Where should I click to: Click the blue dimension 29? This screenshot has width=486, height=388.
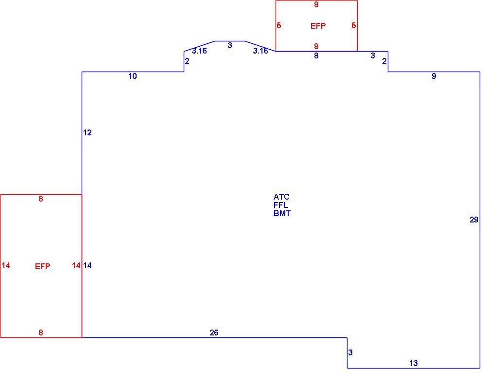(x=474, y=220)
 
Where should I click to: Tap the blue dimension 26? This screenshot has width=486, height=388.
(x=214, y=333)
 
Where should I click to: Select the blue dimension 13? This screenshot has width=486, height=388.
(x=414, y=363)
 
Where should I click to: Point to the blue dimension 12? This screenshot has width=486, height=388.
(x=87, y=132)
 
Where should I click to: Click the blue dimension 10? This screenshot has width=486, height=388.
(x=133, y=76)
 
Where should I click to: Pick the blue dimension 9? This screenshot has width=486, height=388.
(x=434, y=76)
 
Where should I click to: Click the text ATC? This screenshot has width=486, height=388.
(x=281, y=197)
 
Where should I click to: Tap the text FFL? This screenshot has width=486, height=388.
(x=280, y=205)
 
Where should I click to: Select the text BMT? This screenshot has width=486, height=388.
(x=282, y=214)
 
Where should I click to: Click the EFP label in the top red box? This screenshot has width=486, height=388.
(x=318, y=26)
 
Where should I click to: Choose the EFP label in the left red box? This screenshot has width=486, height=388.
(x=42, y=266)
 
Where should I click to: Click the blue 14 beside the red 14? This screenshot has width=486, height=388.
(x=87, y=265)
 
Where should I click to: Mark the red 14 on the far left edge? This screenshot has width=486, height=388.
(x=5, y=265)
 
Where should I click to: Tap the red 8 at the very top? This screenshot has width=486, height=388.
(x=316, y=5)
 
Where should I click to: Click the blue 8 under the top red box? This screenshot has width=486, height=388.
(x=316, y=55)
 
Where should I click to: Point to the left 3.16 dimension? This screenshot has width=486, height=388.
(x=199, y=51)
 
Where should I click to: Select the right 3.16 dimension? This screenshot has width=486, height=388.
(x=260, y=51)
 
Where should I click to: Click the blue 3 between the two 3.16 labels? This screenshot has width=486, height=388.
(x=230, y=46)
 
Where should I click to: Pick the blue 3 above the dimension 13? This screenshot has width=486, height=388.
(x=350, y=352)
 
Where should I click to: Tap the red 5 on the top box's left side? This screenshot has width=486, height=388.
(x=279, y=25)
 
